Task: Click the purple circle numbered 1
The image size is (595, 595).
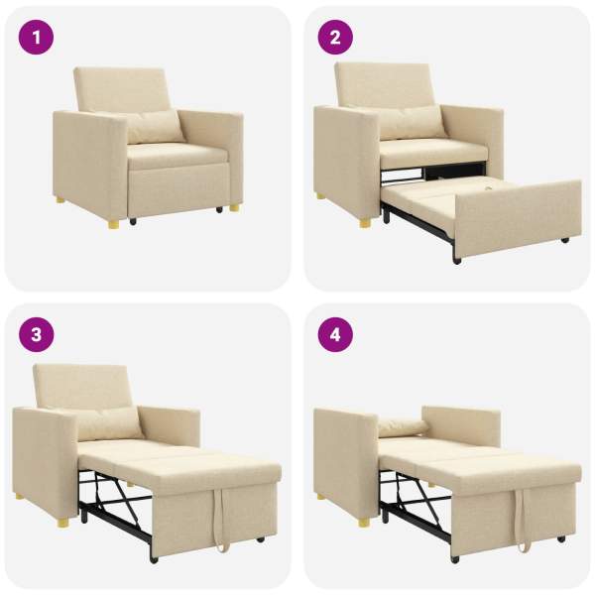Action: pyautogui.click(x=36, y=38)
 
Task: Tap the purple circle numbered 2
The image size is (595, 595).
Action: pyautogui.click(x=335, y=38)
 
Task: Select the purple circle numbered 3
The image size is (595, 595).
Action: pyautogui.click(x=36, y=335)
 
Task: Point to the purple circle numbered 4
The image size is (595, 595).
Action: pyautogui.click(x=335, y=335)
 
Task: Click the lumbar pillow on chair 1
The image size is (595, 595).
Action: pyautogui.click(x=155, y=127)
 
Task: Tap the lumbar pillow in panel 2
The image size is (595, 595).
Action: pyautogui.click(x=412, y=122)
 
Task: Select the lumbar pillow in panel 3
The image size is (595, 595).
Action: pyautogui.click(x=108, y=423)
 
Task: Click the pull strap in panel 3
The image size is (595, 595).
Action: pyautogui.click(x=221, y=519)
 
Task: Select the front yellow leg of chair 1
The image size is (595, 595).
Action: pyautogui.click(x=113, y=225)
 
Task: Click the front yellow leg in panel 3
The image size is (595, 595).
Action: pyautogui.click(x=63, y=523)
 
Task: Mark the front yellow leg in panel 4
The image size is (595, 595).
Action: pyautogui.click(x=364, y=523)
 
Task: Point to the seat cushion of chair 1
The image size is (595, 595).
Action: pyautogui.click(x=178, y=156)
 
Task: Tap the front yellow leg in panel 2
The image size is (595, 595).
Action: pyautogui.click(x=365, y=223)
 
